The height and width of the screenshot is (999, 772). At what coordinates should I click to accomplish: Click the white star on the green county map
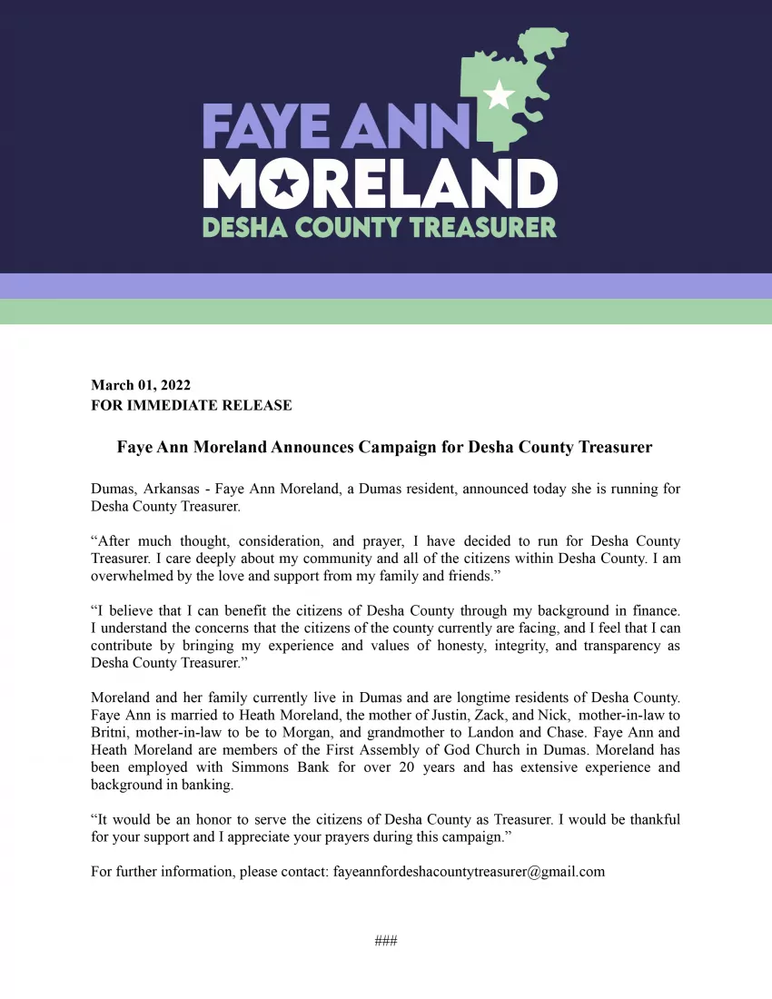point(499,95)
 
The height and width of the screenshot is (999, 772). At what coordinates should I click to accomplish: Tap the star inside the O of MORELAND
point(283,185)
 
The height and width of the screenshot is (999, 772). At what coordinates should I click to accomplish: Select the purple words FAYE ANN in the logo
point(335,127)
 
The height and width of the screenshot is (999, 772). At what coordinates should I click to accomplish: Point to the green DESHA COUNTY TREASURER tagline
point(380,225)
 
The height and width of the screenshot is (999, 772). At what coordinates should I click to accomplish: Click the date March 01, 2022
point(141,385)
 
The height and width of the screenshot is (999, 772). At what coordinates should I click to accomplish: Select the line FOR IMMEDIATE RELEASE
point(192,405)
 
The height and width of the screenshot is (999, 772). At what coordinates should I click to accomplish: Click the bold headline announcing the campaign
point(385,447)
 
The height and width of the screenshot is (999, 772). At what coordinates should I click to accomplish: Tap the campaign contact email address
point(469,872)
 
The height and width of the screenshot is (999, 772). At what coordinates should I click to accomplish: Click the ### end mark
point(386,941)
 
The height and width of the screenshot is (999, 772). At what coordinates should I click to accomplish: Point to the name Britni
point(109,732)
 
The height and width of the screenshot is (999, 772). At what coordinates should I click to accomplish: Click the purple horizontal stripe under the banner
point(386,286)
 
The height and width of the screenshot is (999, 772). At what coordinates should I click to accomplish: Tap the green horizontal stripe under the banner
point(386,312)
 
